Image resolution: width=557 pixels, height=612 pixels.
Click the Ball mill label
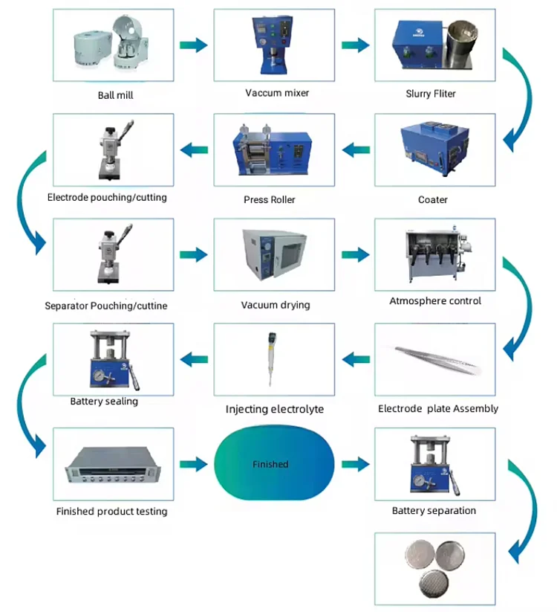[x=115, y=94]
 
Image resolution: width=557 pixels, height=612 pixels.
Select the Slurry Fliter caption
[x=431, y=94]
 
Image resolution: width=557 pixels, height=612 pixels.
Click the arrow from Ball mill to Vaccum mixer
[x=194, y=45]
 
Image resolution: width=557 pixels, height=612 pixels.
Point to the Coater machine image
[x=433, y=149]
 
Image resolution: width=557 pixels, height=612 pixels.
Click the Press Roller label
[x=269, y=200]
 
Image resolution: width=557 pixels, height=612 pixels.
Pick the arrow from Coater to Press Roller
[x=356, y=150]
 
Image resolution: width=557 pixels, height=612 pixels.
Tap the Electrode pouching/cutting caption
[x=107, y=198]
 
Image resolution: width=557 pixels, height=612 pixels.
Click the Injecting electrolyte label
[x=275, y=409]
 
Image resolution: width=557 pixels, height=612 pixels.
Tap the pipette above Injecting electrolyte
[x=269, y=355]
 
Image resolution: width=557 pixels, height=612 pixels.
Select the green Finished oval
[x=270, y=464]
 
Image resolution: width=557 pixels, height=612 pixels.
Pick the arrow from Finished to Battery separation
[x=356, y=465]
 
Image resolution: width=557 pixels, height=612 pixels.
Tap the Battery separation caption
[x=434, y=511]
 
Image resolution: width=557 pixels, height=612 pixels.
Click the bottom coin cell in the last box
[x=433, y=584]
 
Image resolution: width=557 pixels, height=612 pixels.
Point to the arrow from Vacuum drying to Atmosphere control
[x=356, y=255]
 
